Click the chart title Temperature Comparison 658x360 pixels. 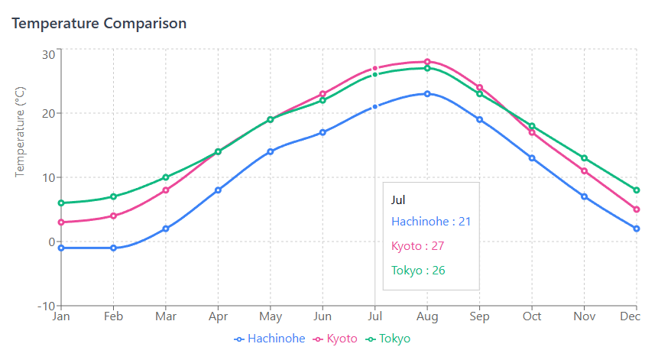(99, 23)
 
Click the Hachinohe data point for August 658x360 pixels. (427, 94)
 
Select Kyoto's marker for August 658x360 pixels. (427, 62)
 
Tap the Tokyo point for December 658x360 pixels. (636, 190)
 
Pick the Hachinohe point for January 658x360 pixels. (61, 248)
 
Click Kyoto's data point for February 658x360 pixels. (113, 216)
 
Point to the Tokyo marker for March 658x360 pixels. (166, 177)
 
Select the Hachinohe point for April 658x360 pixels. (218, 190)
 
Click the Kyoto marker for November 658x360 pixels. (584, 171)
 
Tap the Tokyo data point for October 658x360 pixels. (532, 126)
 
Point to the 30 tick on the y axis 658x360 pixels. (48, 54)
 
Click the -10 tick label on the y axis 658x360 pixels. (45, 306)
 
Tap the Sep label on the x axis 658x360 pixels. (479, 316)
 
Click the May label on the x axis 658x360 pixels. (270, 316)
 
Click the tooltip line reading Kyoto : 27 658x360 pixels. (417, 246)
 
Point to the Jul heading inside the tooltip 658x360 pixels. (398, 200)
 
